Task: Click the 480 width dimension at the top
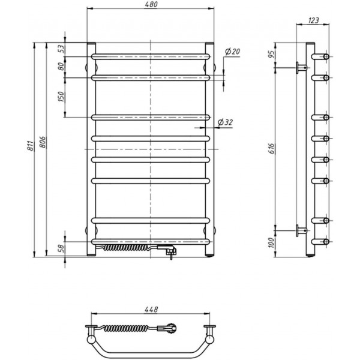tap(151, 5)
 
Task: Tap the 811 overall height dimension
tap(31, 146)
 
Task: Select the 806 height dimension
tap(43, 142)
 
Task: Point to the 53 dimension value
tap(62, 49)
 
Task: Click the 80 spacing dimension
tap(61, 67)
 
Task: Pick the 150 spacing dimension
tap(61, 97)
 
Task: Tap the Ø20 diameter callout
tap(232, 52)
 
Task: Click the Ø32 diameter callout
tap(225, 122)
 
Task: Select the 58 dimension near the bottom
tap(62, 248)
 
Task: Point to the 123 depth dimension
tap(313, 20)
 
